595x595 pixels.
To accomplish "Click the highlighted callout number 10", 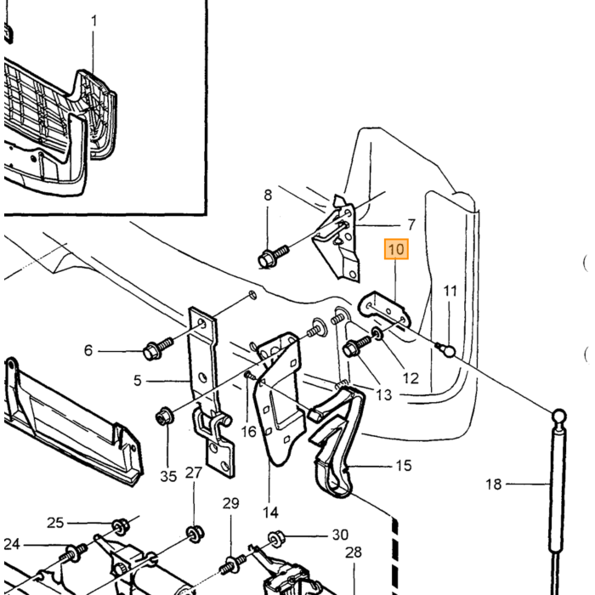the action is (x=396, y=249).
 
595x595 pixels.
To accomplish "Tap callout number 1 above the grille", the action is (x=94, y=20).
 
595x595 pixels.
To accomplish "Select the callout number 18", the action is (x=494, y=484).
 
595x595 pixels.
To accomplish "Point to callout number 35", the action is (x=168, y=476).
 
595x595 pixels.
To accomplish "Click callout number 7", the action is (x=411, y=224).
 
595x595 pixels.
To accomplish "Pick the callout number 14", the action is (x=270, y=513).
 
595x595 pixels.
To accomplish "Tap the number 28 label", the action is (x=354, y=552).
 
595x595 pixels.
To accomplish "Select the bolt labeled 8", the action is (x=273, y=257).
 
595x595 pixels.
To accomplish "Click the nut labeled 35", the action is (x=165, y=416).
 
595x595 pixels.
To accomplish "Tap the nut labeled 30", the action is (x=276, y=539).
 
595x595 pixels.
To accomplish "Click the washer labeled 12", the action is (x=377, y=333).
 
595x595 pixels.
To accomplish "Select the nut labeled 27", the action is (x=195, y=534).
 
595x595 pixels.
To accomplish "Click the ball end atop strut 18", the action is (x=559, y=416).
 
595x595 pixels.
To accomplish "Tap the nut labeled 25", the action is (x=121, y=526).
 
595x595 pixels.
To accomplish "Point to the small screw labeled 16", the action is (x=250, y=376).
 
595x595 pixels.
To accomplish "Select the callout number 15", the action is (x=404, y=465).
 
